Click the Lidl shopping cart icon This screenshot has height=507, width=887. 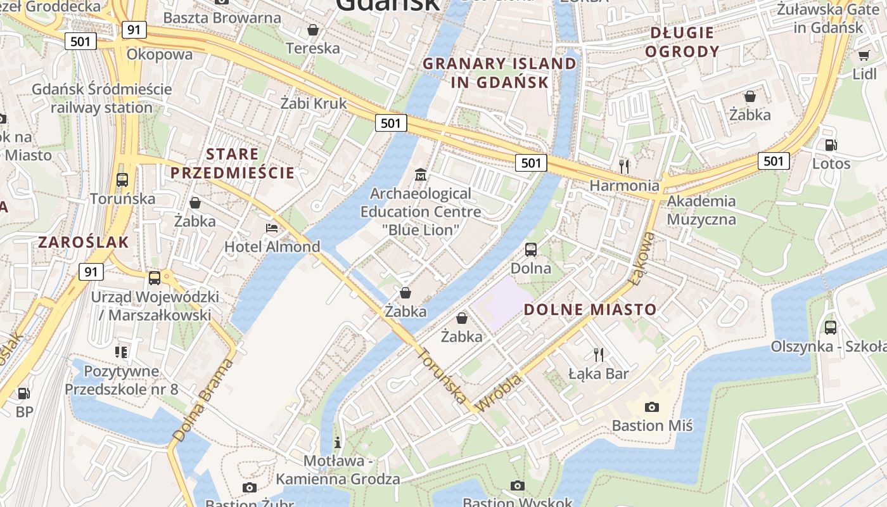point(864,55)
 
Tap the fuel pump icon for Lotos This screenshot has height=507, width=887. point(831,145)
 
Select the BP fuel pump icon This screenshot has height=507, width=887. point(24,394)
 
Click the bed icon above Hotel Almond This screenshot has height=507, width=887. point(272,228)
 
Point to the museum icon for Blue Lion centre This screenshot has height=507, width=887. point(421,174)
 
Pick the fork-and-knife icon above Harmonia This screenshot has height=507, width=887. point(625,167)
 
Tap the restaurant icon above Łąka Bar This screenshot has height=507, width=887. point(598,354)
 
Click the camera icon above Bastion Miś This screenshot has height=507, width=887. point(651,407)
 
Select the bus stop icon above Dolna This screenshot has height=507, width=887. point(531,249)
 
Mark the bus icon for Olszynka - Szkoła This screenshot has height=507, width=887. point(830,328)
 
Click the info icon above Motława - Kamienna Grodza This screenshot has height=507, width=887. point(338,442)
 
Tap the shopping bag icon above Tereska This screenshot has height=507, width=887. point(312,30)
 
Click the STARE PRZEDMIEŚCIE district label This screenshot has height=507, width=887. point(233,164)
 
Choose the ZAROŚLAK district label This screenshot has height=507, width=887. point(84,242)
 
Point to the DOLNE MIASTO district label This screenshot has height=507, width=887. point(590,309)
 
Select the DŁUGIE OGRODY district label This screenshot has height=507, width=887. point(682,42)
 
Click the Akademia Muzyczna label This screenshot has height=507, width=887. point(701,210)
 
